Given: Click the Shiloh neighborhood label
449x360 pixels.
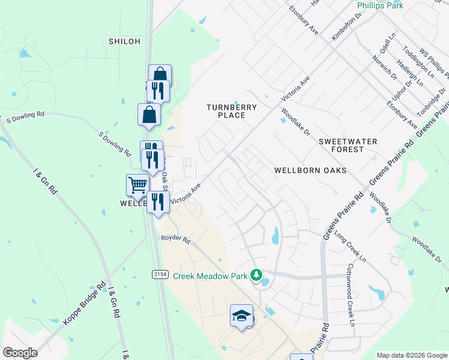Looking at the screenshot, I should tap(125, 41).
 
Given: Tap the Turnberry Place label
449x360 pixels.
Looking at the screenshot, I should tap(232, 111).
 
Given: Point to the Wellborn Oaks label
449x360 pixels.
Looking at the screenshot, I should tap(310, 170).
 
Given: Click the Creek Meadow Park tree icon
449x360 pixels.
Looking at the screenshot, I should tap(257, 275).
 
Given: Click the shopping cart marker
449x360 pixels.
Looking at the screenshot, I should tap(137, 185).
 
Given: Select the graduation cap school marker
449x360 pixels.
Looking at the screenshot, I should tap(241, 316).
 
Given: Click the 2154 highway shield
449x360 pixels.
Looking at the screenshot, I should tap(159, 274).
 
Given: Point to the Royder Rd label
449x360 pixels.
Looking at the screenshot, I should tap(175, 239).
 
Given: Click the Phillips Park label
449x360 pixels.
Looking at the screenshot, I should tap(380, 5).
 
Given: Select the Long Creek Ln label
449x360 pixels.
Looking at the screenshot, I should tap(351, 246).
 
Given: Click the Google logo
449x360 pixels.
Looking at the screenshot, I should tap(20, 353).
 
